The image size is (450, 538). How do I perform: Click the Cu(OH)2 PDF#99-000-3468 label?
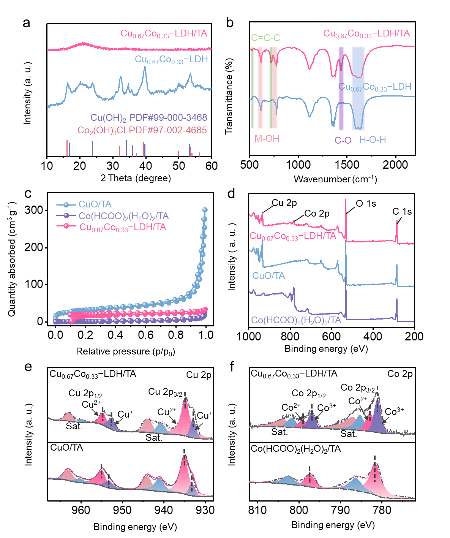click(149, 118)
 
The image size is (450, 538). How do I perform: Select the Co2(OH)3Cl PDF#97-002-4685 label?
click(142, 130)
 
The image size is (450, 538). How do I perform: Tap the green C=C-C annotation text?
click(265, 38)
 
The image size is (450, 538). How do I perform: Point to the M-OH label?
click(267, 139)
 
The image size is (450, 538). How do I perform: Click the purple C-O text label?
click(343, 140)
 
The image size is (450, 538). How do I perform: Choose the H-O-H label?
click(373, 140)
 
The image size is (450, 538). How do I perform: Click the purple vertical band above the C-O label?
click(341, 87)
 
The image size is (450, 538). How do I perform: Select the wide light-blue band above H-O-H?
click(358, 87)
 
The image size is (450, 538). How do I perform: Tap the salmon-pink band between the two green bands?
click(260, 87)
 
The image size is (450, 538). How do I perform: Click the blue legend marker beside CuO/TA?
click(66, 205)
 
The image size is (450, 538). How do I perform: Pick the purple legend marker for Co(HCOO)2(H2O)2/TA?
click(66, 216)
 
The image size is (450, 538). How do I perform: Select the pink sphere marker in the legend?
click(66, 226)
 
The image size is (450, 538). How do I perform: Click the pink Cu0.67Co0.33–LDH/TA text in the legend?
click(123, 227)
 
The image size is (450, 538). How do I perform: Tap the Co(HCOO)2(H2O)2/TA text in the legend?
click(124, 216)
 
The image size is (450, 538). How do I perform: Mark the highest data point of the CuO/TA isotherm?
click(205, 209)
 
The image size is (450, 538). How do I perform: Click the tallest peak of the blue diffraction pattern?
click(144, 67)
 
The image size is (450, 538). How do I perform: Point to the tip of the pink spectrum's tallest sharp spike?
click(346, 199)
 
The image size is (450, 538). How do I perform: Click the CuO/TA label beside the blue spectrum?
click(268, 275)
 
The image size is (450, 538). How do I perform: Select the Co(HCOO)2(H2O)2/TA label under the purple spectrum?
click(296, 321)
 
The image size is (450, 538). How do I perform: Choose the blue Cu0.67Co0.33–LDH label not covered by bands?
click(172, 60)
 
